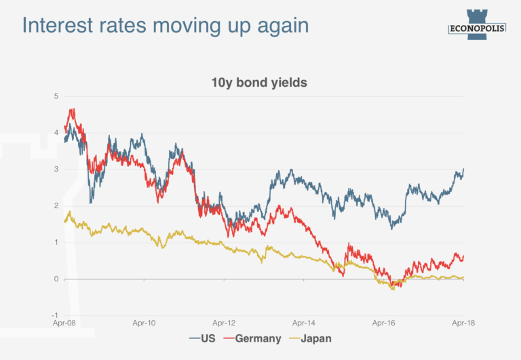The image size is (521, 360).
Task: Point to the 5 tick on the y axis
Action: [x=56, y=96]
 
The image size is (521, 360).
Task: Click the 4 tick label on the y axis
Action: [x=56, y=132]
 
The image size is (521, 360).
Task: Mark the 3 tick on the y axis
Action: [x=56, y=169]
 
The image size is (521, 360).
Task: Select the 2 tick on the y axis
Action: [x=56, y=205]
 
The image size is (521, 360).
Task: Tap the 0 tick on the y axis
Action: [x=56, y=279]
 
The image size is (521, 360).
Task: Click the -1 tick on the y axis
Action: [x=54, y=315]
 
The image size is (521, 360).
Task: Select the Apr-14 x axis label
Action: [x=304, y=323]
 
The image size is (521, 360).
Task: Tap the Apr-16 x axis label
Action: [x=384, y=323]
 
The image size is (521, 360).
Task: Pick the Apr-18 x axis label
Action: [x=463, y=323]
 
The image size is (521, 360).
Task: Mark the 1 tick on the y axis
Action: [x=56, y=242]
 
